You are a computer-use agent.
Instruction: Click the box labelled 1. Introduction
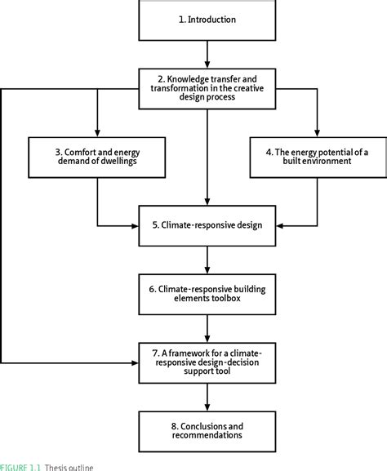coord(207,20)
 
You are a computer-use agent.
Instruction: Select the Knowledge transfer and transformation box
coord(207,87)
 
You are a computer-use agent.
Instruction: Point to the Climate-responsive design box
coord(207,224)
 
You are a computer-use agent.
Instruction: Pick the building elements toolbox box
coord(207,293)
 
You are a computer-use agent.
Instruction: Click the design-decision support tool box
coord(207,362)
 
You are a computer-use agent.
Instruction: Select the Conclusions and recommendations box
coord(207,429)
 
